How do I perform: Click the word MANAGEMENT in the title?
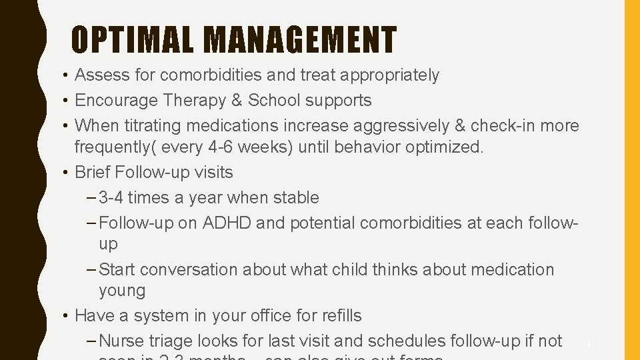pos(301,39)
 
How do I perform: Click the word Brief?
pos(93,172)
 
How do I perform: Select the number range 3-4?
pos(111,197)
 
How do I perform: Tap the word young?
pos(122,291)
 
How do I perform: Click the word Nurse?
pos(119,341)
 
